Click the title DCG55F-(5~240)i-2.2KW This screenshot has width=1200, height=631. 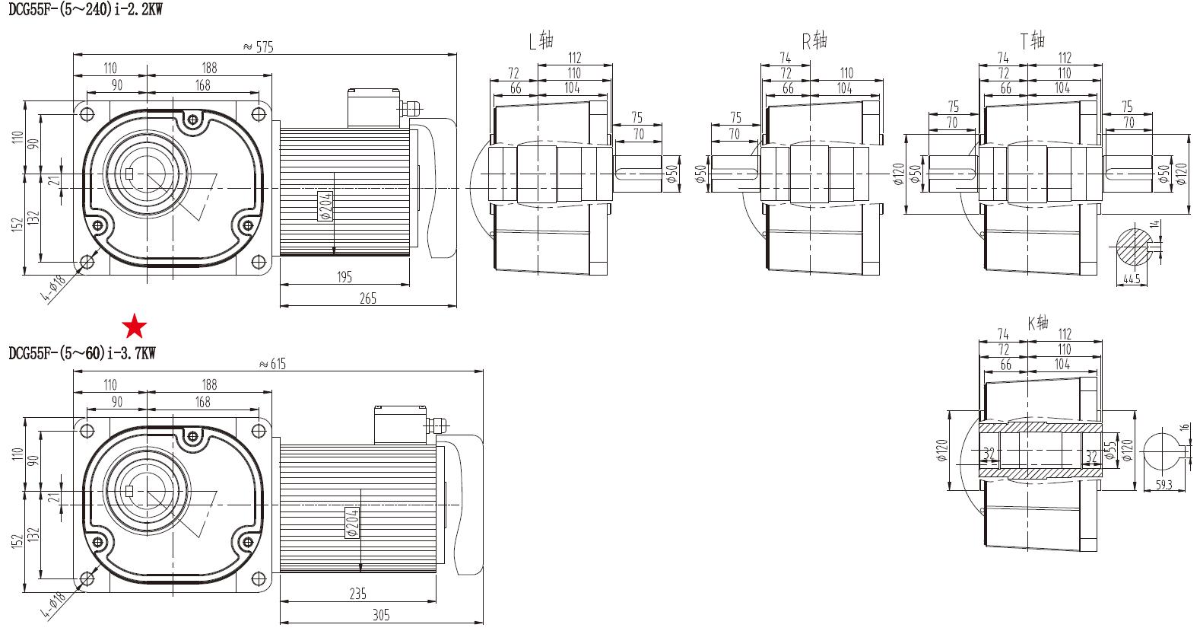(85, 10)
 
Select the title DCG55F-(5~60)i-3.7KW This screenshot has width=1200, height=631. (81, 353)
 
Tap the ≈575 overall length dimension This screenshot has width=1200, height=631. (258, 46)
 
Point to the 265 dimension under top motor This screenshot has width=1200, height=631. (367, 298)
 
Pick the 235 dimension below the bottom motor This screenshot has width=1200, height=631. (357, 592)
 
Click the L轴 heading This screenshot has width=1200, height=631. (541, 40)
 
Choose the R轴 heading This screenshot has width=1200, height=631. (814, 40)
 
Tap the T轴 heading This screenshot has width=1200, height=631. (1032, 40)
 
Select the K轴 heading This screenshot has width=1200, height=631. (1038, 323)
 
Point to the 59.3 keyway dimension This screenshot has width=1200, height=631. (1163, 484)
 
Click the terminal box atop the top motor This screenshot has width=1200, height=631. (373, 107)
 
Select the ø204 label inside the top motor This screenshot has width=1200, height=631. (326, 206)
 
